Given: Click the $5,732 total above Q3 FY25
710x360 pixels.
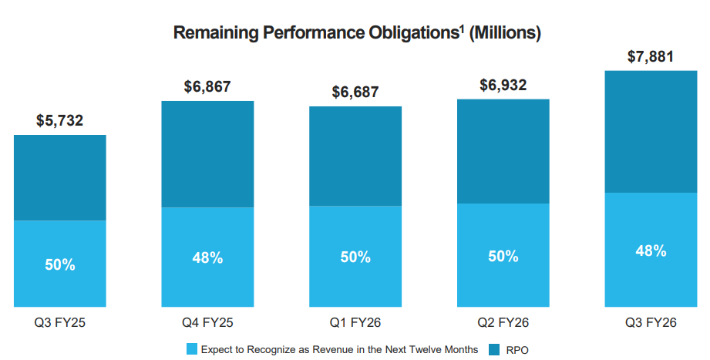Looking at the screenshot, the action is point(60,120).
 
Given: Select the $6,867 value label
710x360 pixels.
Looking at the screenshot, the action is point(207,86).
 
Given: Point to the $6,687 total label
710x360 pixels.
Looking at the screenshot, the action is point(355,92).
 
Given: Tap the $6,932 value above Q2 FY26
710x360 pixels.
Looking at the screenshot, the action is point(503,85).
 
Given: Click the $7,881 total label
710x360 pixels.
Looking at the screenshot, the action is point(651,56).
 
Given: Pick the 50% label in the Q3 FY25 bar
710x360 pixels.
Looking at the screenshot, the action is point(60,264).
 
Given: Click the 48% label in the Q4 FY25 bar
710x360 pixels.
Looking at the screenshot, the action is point(207,257).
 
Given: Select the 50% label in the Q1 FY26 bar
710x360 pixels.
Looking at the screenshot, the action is point(355,257).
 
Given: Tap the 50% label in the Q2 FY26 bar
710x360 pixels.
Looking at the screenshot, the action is point(503,256).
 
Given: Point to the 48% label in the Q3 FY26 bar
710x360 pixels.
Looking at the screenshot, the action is point(651,251).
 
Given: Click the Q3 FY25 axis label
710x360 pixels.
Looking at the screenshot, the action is point(60,322).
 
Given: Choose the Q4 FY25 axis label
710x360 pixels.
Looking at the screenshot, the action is point(207,322).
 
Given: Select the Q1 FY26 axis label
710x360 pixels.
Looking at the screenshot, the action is point(355,322).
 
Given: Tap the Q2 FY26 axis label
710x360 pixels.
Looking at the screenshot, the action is point(503,322).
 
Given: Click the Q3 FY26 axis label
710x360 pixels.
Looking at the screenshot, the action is point(651,322).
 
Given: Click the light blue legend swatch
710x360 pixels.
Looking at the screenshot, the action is point(191,349).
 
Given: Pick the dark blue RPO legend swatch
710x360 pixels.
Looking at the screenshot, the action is point(494,349).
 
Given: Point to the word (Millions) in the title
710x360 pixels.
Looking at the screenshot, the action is point(505,33).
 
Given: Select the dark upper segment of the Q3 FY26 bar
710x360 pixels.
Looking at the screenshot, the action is point(651,132).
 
